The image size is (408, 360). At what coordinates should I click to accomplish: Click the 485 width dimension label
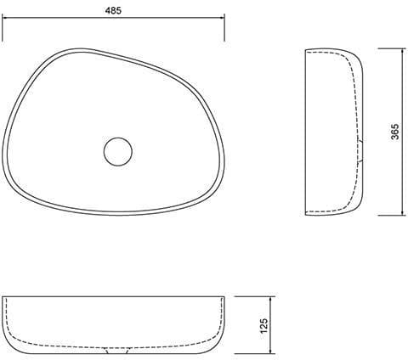(113, 10)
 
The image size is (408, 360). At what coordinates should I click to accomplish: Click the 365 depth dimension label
(395, 132)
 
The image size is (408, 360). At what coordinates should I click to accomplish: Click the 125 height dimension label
(263, 325)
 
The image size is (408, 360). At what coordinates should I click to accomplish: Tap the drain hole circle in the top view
(118, 152)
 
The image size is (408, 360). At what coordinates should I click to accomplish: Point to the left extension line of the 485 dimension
(3, 28)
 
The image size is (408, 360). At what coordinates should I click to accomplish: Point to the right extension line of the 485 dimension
(224, 28)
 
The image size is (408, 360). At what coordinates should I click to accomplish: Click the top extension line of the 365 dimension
(392, 48)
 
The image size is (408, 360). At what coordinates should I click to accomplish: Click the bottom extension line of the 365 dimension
(392, 216)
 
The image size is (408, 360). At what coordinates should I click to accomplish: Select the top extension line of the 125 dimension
(255, 296)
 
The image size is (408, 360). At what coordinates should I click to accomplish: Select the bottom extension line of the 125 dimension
(255, 353)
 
